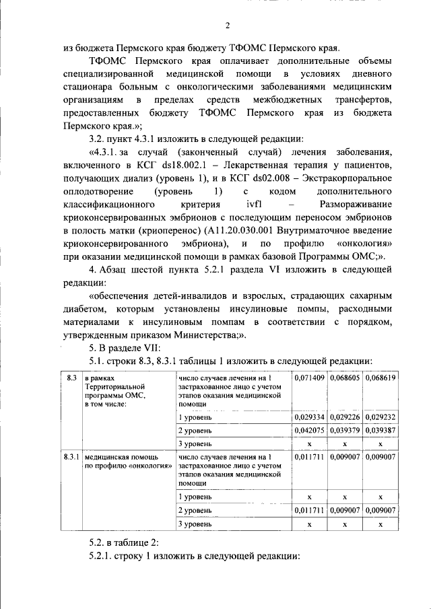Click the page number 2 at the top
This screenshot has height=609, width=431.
click(x=227, y=26)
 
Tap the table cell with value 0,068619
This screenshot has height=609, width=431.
click(x=380, y=379)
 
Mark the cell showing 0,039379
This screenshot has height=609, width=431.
click(x=344, y=430)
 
